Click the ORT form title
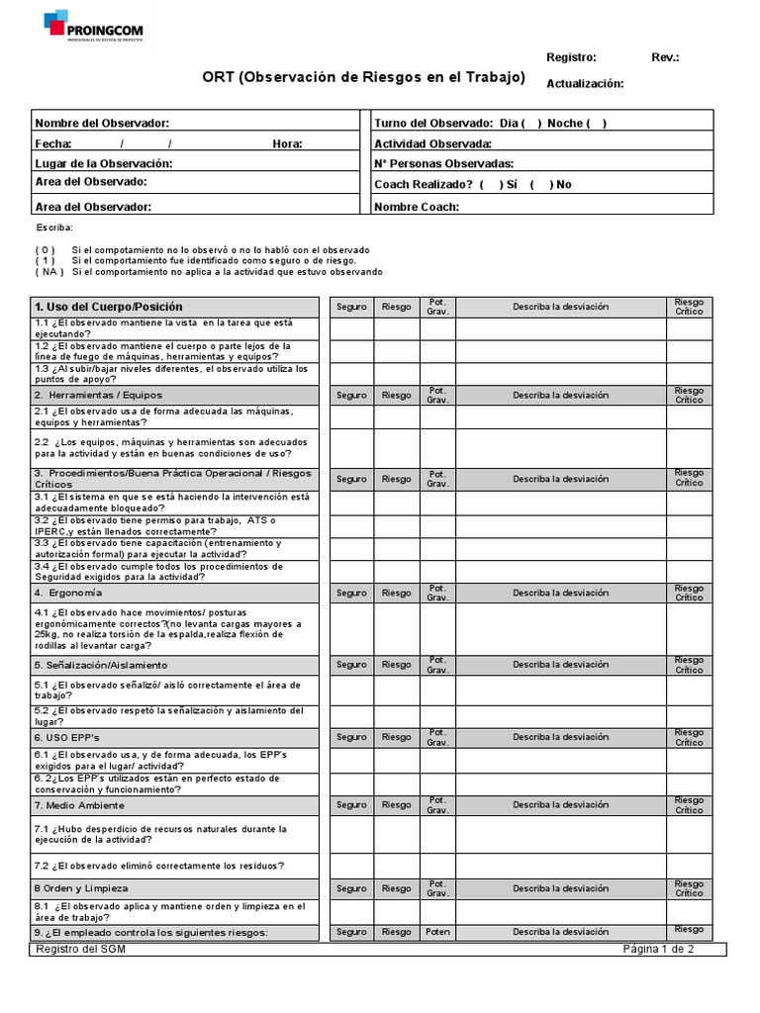(x=364, y=78)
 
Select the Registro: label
(x=571, y=57)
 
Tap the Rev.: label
(x=665, y=57)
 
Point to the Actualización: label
(x=585, y=83)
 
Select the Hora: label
(x=287, y=143)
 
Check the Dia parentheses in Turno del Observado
(x=532, y=123)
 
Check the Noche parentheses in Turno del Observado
(x=597, y=123)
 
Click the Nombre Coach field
(x=584, y=206)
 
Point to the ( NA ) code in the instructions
(x=49, y=271)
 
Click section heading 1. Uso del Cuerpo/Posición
(x=109, y=307)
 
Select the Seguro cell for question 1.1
(x=351, y=328)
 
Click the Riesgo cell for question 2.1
(x=396, y=416)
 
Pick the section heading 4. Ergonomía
(x=68, y=593)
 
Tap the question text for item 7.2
(x=159, y=866)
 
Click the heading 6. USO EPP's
(x=67, y=737)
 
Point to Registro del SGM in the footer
(x=81, y=949)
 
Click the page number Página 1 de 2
(x=658, y=949)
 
